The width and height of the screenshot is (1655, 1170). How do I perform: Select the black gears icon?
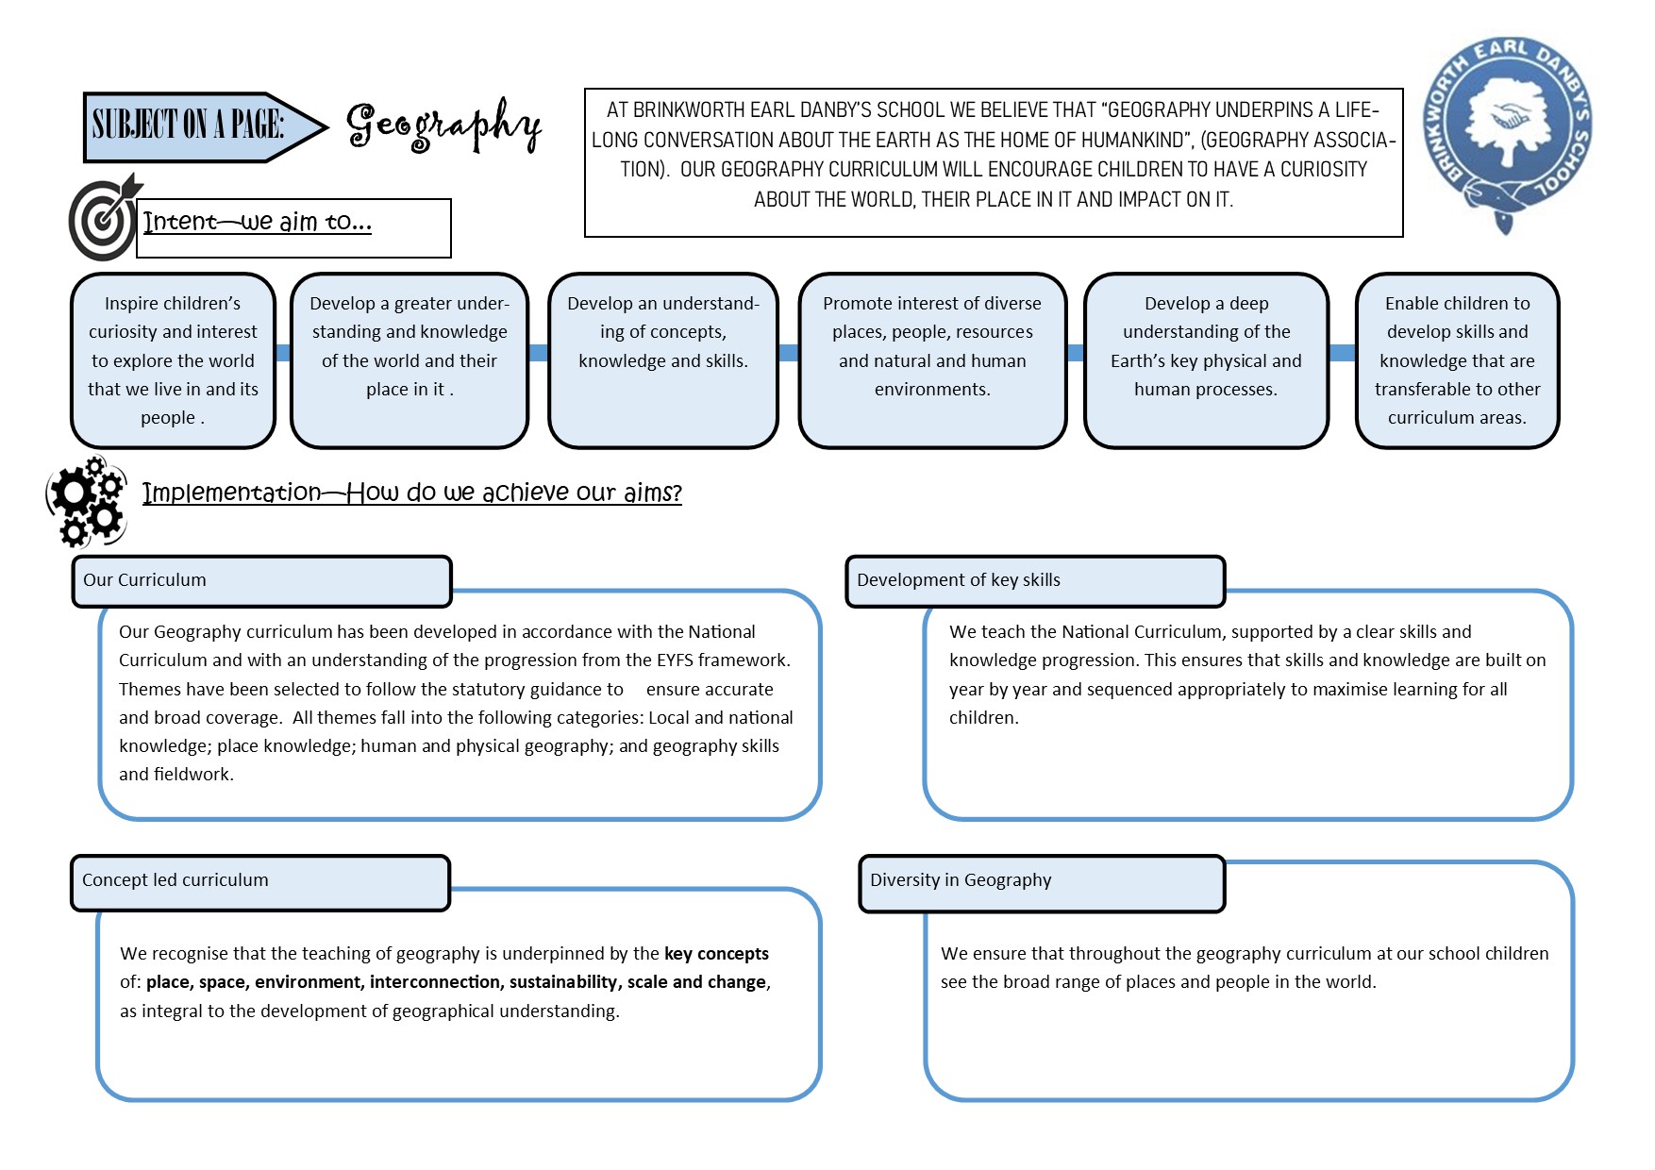tap(87, 502)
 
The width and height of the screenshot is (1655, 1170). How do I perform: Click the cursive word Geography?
tap(443, 126)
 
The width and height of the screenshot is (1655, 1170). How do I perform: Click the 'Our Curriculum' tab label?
tap(144, 580)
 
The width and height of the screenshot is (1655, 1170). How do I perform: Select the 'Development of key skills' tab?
tap(959, 580)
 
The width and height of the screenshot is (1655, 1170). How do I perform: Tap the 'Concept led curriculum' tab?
tap(176, 880)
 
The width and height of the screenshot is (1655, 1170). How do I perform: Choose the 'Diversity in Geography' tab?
tap(961, 880)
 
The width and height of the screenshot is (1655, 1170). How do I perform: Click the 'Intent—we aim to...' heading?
tap(257, 223)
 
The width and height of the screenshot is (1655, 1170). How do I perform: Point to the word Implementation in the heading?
tap(232, 493)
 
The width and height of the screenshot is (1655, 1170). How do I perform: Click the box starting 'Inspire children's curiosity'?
tap(173, 360)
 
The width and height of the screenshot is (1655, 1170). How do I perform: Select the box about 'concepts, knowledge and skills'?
tap(662, 360)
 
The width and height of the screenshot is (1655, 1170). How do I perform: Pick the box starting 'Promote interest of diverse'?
tap(932, 360)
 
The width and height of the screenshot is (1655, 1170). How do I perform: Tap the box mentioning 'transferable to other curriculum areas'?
tap(1457, 360)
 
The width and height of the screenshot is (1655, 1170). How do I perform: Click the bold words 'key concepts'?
tap(716, 954)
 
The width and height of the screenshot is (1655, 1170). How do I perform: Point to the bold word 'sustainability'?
tap(563, 982)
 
